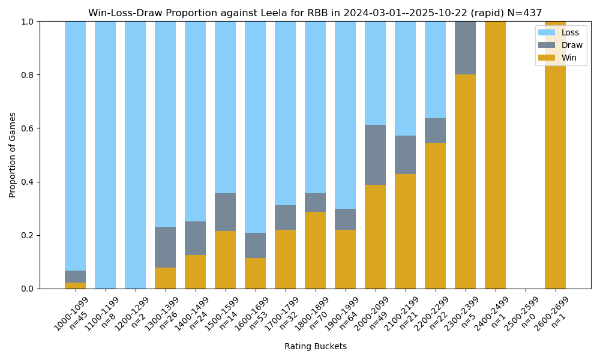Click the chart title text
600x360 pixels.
[x=315, y=13]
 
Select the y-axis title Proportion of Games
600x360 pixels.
[x=13, y=155]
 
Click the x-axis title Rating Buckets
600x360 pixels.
[x=315, y=346]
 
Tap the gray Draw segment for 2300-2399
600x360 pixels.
[x=465, y=48]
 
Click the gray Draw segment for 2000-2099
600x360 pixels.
[x=375, y=155]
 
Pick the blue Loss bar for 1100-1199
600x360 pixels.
[x=105, y=155]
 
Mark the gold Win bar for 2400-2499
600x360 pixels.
[x=495, y=155]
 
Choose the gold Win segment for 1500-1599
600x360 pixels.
[x=225, y=260]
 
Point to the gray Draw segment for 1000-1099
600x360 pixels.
[x=75, y=277]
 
